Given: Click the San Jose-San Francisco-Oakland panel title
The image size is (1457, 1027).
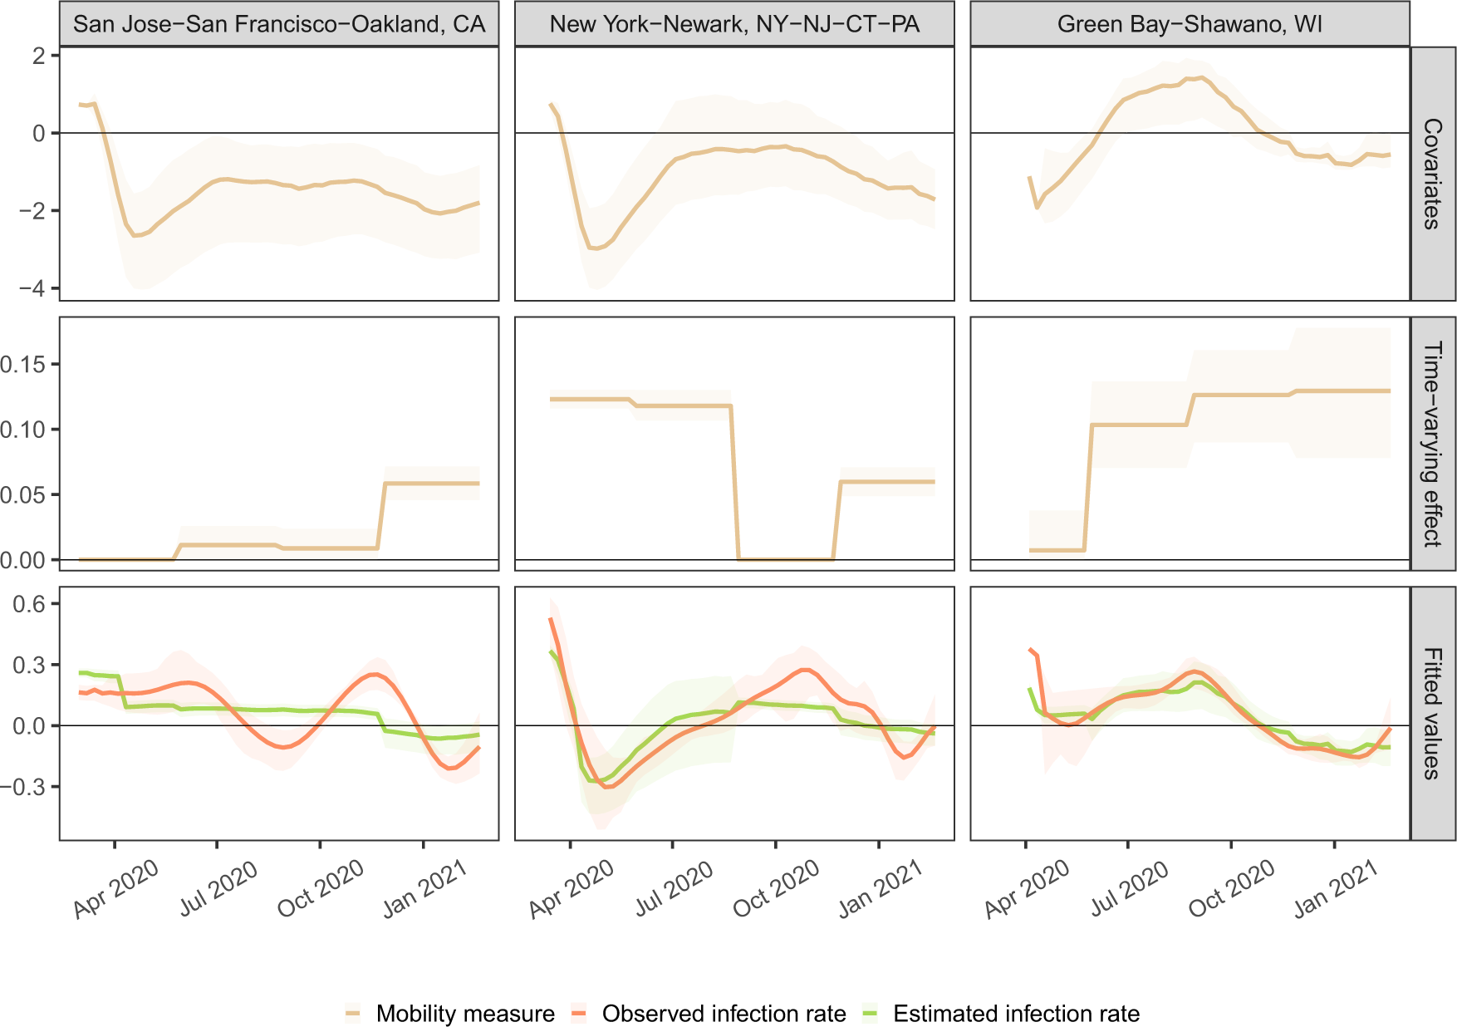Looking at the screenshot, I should click(x=278, y=24).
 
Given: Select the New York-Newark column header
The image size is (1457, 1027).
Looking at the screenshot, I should click(x=734, y=24).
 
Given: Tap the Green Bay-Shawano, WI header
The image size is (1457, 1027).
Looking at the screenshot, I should click(x=1190, y=24).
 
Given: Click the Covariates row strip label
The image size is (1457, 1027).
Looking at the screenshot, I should click(x=1432, y=174).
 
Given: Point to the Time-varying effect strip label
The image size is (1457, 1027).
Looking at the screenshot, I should click(x=1432, y=444).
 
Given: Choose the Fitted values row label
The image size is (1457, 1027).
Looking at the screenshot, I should click(x=1432, y=714).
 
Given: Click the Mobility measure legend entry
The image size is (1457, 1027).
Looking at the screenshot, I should click(x=464, y=1014).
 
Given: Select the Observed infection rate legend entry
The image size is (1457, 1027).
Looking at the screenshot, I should click(x=724, y=1014).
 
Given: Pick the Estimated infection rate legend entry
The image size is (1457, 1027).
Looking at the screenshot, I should click(x=1015, y=1014).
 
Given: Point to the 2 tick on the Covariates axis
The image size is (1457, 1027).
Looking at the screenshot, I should click(x=38, y=56).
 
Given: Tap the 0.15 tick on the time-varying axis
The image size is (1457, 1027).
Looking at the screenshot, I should click(x=23, y=364).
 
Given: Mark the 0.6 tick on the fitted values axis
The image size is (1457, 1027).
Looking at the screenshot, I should click(x=28, y=604).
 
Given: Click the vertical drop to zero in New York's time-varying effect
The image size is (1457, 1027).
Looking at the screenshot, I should click(x=735, y=482).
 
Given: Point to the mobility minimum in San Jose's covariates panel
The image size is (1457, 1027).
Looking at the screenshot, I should click(x=135, y=236).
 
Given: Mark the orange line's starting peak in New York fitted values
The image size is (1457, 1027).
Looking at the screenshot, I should click(x=551, y=619).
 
